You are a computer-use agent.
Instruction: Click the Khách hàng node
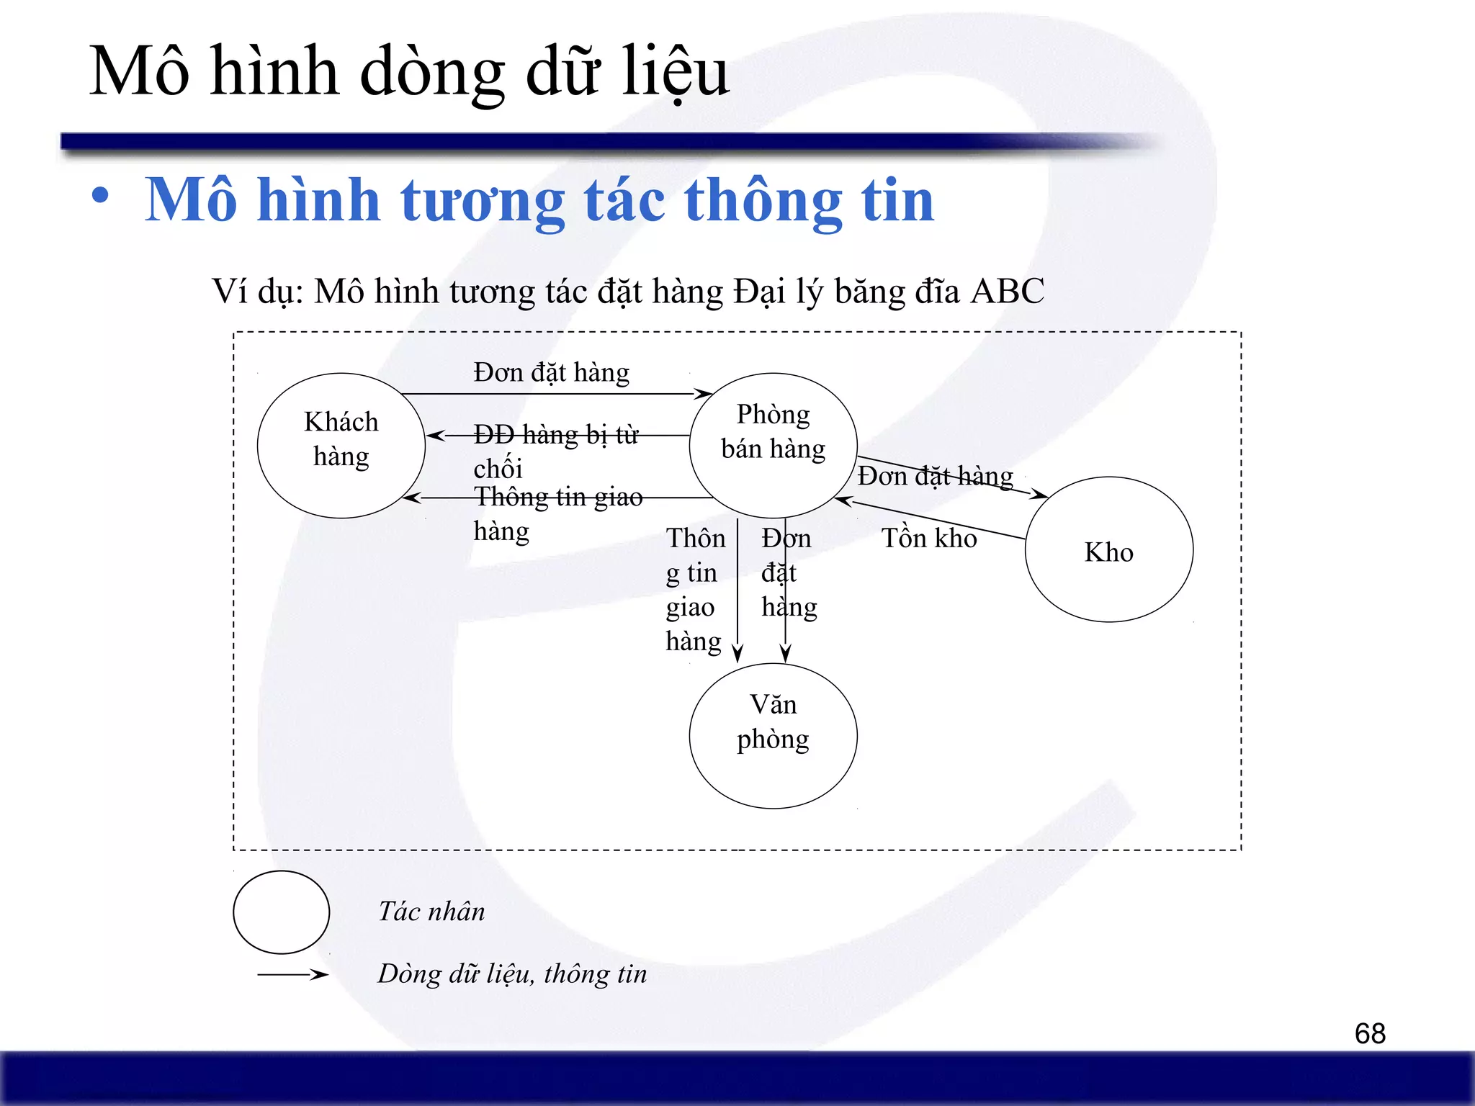341,445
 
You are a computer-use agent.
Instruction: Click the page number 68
1369,1033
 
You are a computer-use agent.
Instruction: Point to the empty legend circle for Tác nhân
282,912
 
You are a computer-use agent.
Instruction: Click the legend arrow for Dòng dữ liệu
292,974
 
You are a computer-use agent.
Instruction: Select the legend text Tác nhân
431,912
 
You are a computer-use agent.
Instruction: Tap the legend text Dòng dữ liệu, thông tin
512,974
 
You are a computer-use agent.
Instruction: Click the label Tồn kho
929,539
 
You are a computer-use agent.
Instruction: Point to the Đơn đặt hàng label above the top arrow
551,372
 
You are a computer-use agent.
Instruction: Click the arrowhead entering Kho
1040,495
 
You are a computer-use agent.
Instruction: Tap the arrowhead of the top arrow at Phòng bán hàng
704,393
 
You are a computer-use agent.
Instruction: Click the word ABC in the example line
1007,292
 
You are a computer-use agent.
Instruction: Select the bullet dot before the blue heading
101,196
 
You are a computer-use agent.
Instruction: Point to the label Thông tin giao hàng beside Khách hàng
557,513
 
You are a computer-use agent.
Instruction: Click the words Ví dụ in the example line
256,292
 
